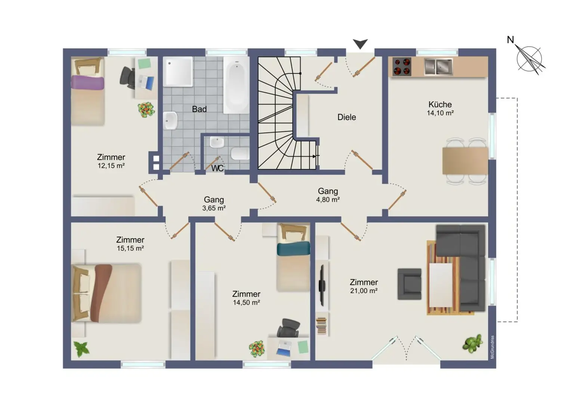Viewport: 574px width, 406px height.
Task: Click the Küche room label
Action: (440, 105)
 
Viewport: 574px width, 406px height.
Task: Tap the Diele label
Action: (346, 117)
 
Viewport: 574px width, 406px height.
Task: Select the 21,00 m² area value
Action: (364, 290)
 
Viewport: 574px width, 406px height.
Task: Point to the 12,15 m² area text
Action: (111, 166)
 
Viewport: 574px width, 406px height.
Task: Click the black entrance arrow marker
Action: (360, 44)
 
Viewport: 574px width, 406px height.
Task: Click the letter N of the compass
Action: (510, 40)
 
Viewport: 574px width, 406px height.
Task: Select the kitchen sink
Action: (438, 67)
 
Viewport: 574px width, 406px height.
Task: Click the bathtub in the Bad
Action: (236, 85)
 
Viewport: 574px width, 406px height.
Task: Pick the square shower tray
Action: (178, 71)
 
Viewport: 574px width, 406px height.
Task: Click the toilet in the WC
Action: (240, 154)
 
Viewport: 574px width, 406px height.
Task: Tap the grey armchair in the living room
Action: (409, 284)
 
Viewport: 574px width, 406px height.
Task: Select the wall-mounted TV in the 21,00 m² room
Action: (322, 286)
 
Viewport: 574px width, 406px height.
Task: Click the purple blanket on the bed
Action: (88, 83)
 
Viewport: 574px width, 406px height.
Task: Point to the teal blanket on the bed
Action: (293, 248)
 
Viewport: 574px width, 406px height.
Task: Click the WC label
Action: (217, 168)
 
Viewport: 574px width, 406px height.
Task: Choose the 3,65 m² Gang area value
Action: (214, 208)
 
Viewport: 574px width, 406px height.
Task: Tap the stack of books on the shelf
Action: (321, 326)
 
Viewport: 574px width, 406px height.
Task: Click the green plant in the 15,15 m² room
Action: (81, 349)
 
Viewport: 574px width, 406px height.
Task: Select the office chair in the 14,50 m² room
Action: (288, 328)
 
